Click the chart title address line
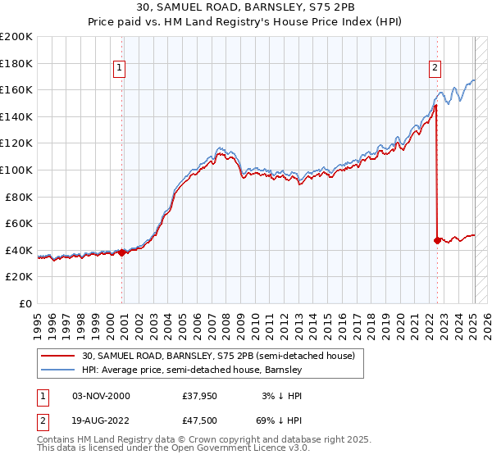(246, 7)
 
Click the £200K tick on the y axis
(16, 37)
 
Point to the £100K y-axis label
(16, 170)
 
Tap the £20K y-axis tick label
(19, 277)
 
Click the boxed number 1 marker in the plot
(120, 68)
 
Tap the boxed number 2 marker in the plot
(435, 68)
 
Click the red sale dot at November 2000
(122, 252)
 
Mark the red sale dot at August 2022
(437, 240)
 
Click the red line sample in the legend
(57, 356)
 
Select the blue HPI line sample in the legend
(57, 370)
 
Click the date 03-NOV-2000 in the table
(101, 396)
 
